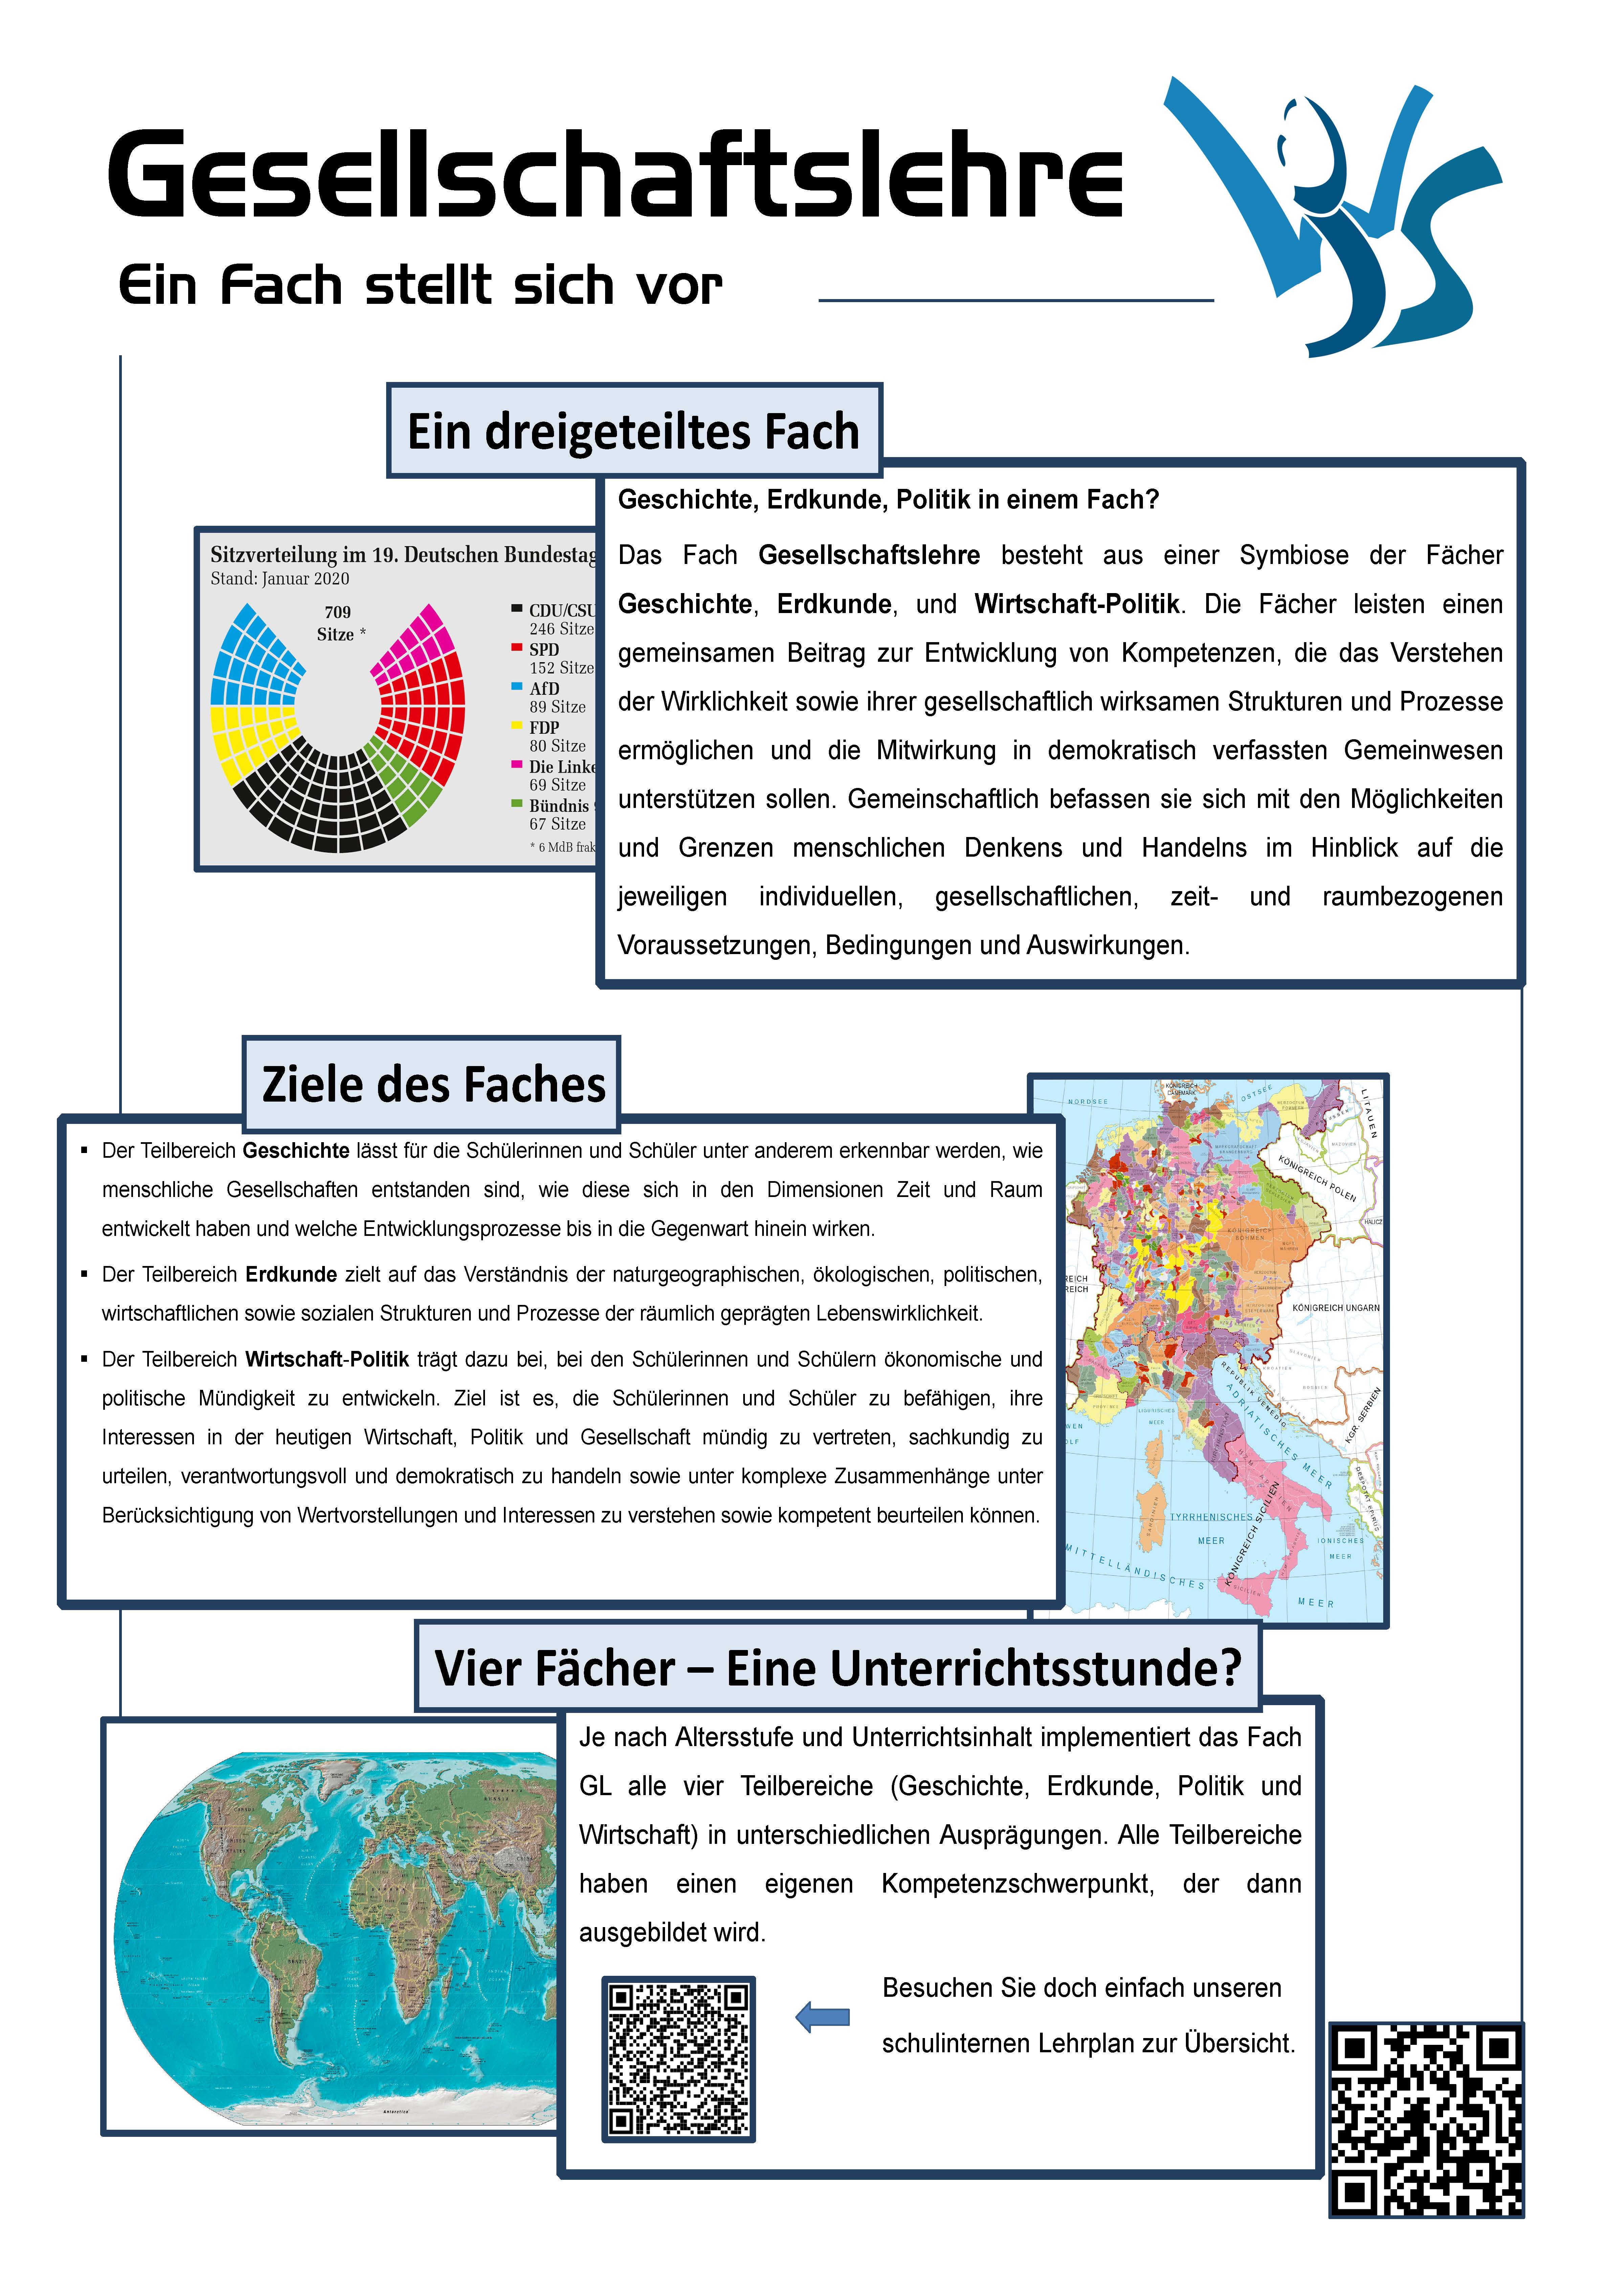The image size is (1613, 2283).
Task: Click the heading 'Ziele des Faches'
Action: click(x=433, y=1084)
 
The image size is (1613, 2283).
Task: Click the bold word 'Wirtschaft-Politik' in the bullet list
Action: click(x=327, y=1359)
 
